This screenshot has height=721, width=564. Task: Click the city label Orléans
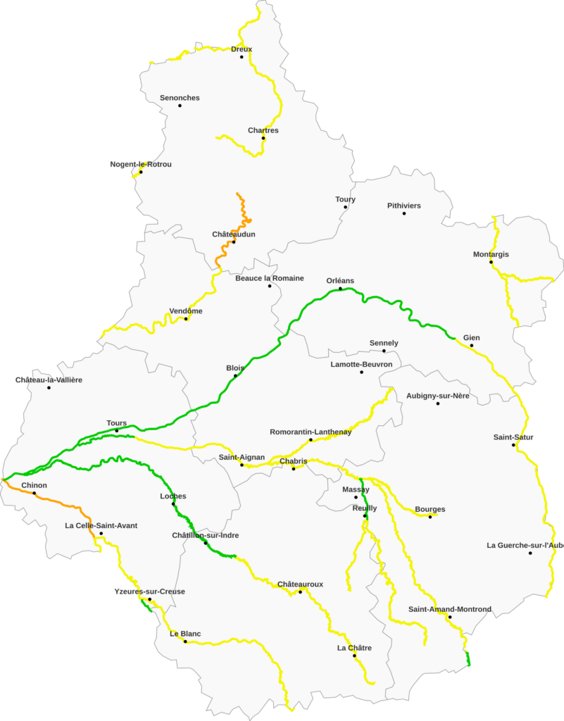(340, 281)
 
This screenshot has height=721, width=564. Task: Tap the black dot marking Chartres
(263, 138)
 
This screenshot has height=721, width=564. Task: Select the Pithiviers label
(404, 206)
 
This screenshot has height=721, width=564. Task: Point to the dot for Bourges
(430, 517)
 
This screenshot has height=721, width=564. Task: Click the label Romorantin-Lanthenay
(311, 432)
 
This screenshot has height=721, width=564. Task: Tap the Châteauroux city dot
(301, 591)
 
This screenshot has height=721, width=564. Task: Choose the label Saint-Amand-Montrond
(449, 609)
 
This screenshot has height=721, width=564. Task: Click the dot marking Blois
(236, 375)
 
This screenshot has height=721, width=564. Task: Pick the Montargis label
(491, 254)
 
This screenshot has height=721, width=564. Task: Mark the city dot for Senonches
(180, 106)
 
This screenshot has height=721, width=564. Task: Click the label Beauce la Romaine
(270, 278)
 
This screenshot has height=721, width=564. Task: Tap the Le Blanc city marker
(185, 641)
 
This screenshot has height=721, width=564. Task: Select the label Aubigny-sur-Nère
(438, 396)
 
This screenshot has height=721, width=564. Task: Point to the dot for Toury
(346, 207)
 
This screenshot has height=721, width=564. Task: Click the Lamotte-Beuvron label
(361, 364)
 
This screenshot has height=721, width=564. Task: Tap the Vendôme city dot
(186, 319)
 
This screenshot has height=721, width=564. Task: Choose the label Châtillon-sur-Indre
(206, 535)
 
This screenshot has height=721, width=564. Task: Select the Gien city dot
(472, 345)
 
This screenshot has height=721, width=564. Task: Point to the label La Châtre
(354, 648)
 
